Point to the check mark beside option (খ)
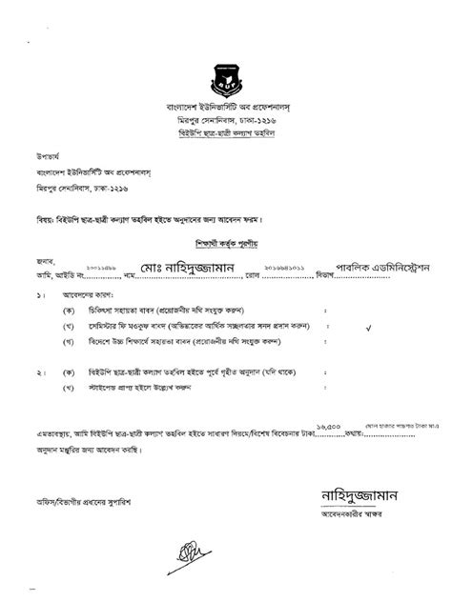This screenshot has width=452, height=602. tap(369, 325)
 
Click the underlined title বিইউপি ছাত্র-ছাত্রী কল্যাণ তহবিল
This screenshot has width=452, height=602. tap(226, 135)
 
